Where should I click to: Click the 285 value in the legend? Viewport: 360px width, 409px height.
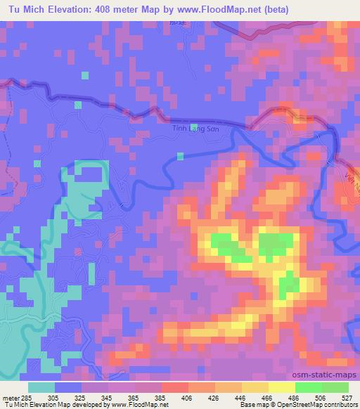tap(27, 397)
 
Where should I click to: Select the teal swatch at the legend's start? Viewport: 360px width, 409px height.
tap(42, 387)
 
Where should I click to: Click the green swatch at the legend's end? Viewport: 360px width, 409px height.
tap(335, 387)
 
